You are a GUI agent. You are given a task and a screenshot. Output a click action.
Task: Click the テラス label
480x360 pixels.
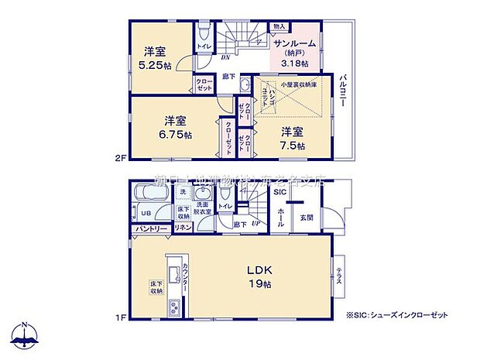[x=338, y=276]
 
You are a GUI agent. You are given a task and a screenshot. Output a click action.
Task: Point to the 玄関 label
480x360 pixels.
[x=307, y=218]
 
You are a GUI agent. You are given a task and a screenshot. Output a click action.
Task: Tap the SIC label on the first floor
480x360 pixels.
[x=279, y=192]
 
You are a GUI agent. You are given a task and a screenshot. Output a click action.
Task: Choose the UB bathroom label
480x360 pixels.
[x=145, y=212]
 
